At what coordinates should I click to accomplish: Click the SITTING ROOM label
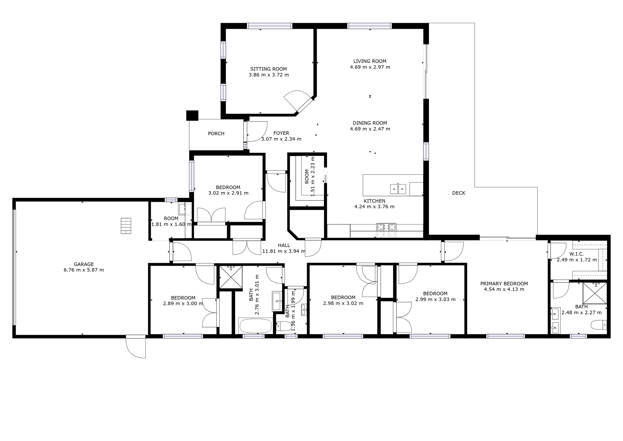click(268, 69)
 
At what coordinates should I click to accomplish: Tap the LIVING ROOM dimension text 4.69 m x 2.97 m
click(370, 67)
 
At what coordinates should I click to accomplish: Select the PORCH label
click(216, 134)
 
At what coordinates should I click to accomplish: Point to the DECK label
click(458, 193)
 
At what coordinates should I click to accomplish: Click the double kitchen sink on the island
click(398, 189)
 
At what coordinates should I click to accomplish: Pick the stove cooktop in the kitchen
click(386, 227)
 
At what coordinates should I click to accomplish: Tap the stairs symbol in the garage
click(126, 226)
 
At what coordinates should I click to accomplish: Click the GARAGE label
click(84, 264)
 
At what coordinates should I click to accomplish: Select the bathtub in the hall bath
click(256, 326)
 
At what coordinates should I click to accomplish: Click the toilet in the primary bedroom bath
click(598, 325)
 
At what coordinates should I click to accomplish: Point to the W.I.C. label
click(576, 254)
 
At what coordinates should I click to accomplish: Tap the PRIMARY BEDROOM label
click(504, 284)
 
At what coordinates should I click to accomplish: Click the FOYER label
click(281, 133)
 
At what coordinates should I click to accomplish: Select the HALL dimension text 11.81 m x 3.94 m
click(284, 251)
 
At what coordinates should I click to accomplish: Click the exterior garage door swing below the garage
click(136, 347)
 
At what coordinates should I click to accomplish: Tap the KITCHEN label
click(374, 201)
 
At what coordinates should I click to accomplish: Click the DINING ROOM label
click(370, 123)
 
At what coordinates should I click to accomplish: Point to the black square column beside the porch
click(192, 115)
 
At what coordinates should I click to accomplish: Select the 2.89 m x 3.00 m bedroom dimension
click(183, 304)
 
